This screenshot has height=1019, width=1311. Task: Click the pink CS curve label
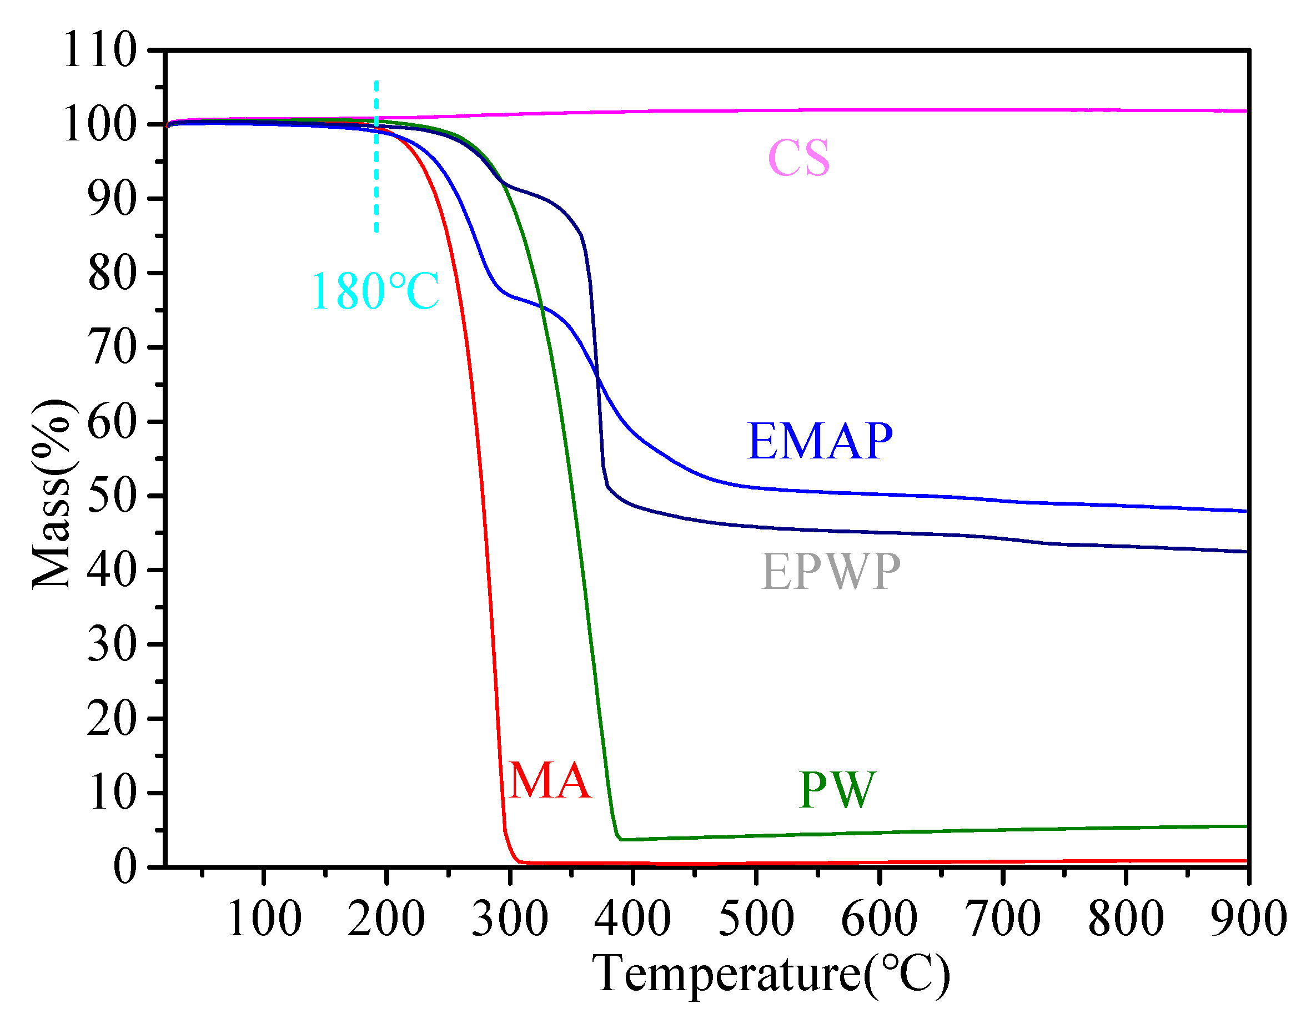pos(798,158)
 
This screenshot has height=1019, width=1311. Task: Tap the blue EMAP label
pos(820,441)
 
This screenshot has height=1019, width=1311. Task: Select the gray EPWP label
pos(831,572)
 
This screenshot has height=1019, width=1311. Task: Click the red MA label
pos(550,781)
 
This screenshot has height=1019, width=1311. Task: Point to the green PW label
pos(837,790)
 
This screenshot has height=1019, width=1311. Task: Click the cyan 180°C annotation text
pos(376,291)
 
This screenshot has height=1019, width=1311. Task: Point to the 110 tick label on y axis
pos(99,50)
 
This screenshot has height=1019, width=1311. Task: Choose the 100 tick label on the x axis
pos(264,919)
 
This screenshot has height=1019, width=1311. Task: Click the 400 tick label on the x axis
pos(632,919)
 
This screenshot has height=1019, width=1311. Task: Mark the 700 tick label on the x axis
pos(1002,919)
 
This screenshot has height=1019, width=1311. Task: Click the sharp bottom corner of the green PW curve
pos(620,839)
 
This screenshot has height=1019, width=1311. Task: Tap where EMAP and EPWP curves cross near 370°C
pos(597,376)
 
